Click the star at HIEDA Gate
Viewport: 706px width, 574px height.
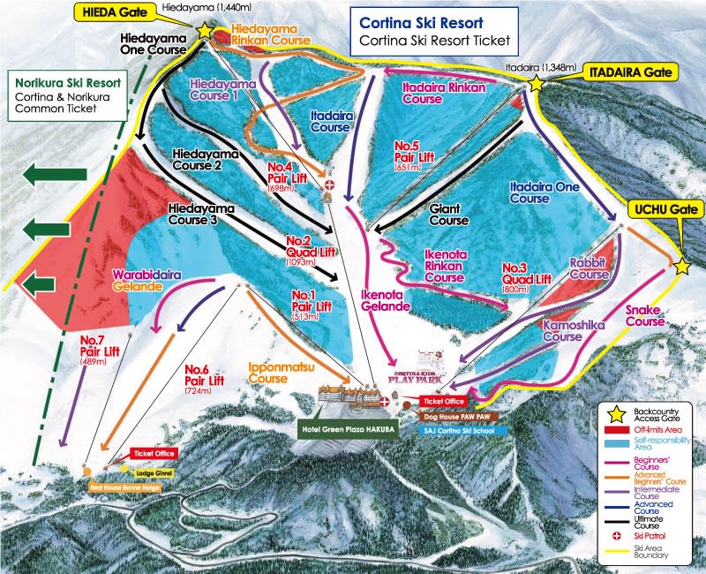pos(205,31)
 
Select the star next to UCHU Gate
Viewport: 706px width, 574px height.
pos(682,266)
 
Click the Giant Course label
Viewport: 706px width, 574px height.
pos(448,214)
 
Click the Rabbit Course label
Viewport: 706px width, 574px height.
pos(591,268)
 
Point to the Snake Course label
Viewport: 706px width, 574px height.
pos(645,315)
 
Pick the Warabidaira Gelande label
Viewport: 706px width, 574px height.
pos(147,281)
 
